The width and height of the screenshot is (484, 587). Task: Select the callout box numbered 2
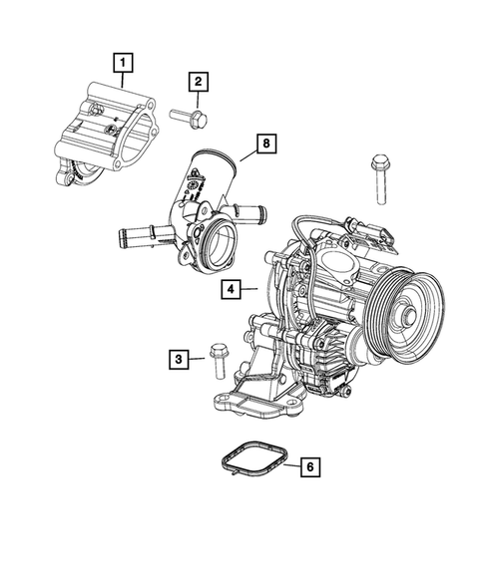(199, 81)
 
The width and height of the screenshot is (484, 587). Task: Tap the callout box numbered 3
(180, 357)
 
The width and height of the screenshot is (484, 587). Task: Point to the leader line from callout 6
(290, 464)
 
